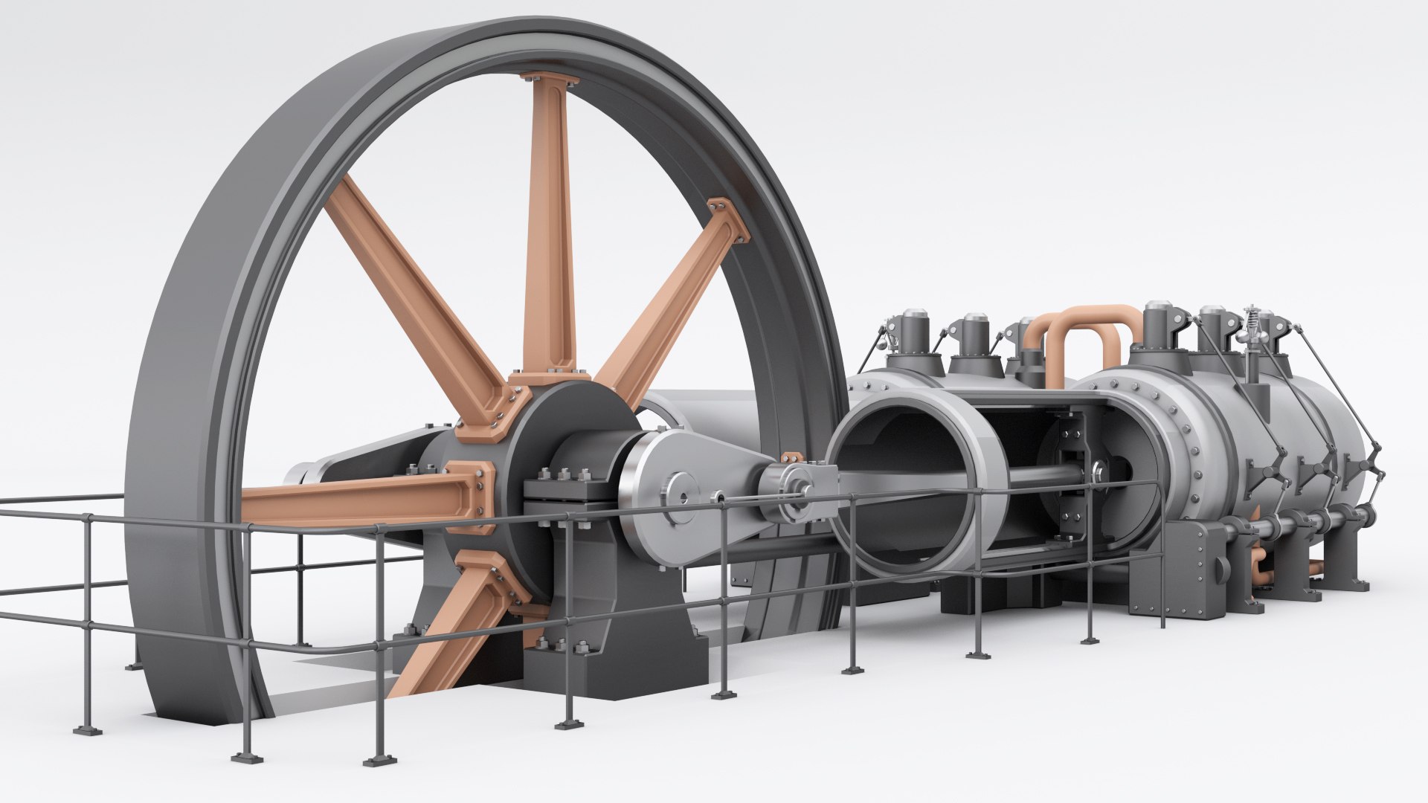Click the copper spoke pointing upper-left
pyautogui.click(x=416, y=290)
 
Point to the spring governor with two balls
pyautogui.click(x=1254, y=327)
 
